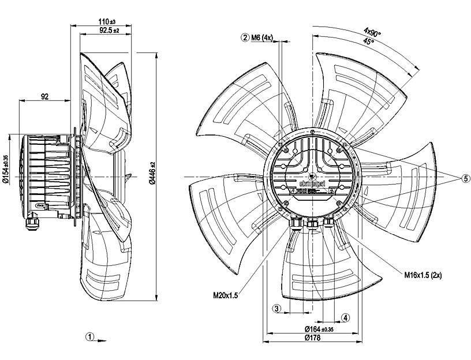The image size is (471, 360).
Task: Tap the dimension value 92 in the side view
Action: click(44, 96)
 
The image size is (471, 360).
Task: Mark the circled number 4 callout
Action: click(345, 317)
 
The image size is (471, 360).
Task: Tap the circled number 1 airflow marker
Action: click(89, 336)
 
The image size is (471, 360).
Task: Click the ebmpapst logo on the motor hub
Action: click(312, 183)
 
